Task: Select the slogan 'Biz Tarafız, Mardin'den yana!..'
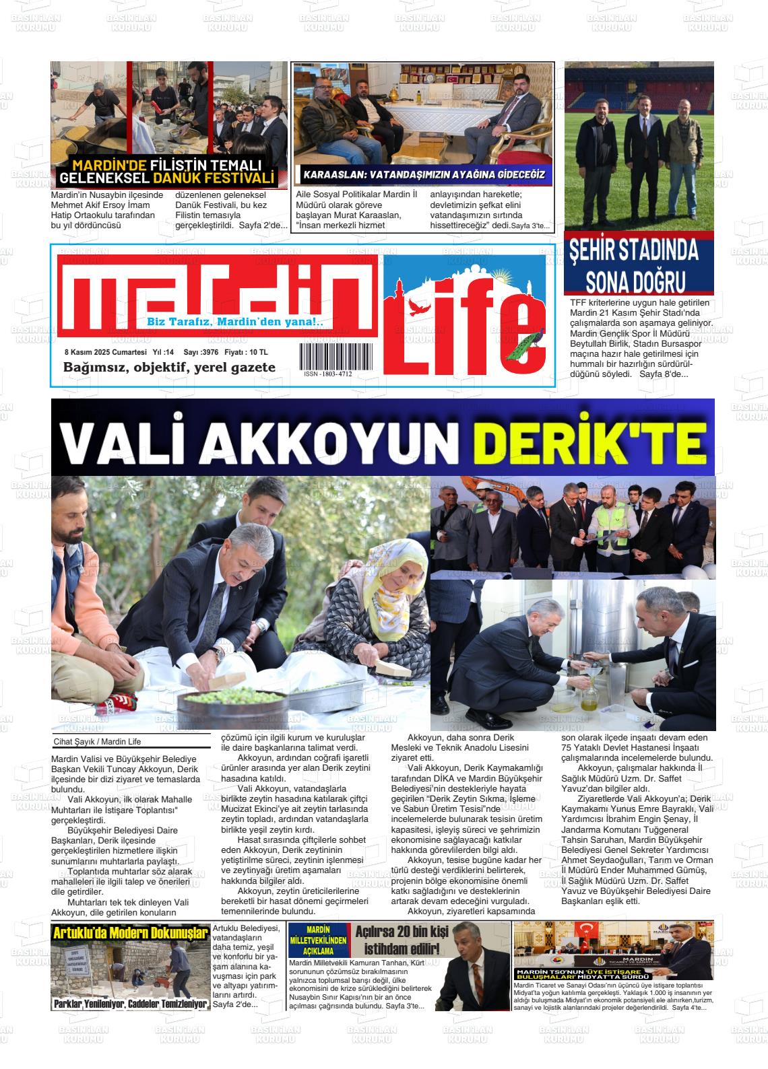pyautogui.click(x=235, y=322)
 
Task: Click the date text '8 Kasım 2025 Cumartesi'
pyautogui.click(x=105, y=352)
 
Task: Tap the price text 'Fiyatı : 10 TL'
pyautogui.click(x=246, y=352)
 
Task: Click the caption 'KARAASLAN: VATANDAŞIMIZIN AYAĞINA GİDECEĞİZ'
pyautogui.click(x=423, y=175)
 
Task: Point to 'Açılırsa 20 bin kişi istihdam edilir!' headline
pyautogui.click(x=402, y=940)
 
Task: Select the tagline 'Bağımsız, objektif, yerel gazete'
pyautogui.click(x=169, y=367)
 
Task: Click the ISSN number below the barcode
pyautogui.click(x=327, y=374)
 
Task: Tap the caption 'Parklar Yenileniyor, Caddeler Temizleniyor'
pyautogui.click(x=130, y=1004)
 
